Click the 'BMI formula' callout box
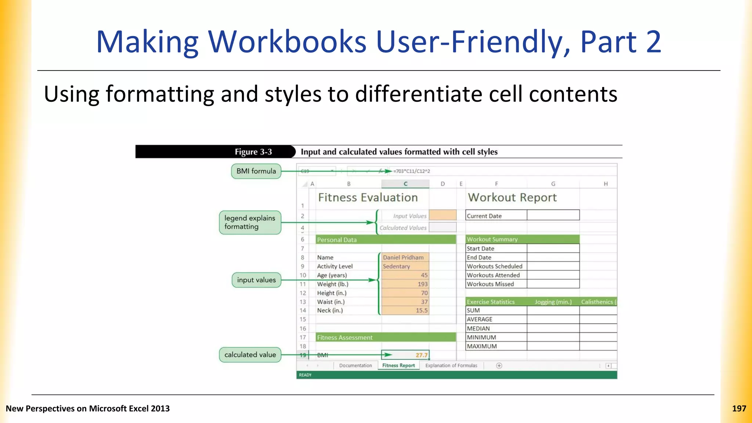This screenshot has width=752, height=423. pos(256,171)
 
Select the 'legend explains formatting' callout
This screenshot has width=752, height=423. pos(250,223)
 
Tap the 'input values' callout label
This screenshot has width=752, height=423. pos(256,280)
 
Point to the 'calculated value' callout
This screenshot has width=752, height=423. pos(250,355)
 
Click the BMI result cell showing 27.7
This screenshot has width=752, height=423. pos(405,355)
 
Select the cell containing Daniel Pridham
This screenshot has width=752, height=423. pos(405,257)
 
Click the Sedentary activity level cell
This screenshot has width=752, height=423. pos(405,266)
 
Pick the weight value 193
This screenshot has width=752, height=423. pos(405,284)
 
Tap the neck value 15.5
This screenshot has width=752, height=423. pos(405,311)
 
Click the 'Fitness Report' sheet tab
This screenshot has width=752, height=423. pos(398,365)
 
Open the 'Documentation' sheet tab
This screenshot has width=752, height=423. pos(355,365)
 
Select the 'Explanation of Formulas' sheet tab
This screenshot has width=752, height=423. pos(451,365)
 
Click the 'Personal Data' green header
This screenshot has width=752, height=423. pos(386,240)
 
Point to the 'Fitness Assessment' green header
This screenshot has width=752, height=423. pos(386,337)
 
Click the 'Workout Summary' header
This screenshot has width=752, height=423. pos(523,239)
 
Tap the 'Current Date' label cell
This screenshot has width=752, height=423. pos(496,216)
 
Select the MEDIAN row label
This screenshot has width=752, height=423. pos(496,329)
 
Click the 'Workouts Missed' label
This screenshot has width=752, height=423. pos(496,284)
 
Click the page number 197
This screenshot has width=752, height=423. pos(739,409)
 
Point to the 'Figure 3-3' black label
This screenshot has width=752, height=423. pos(253,152)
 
